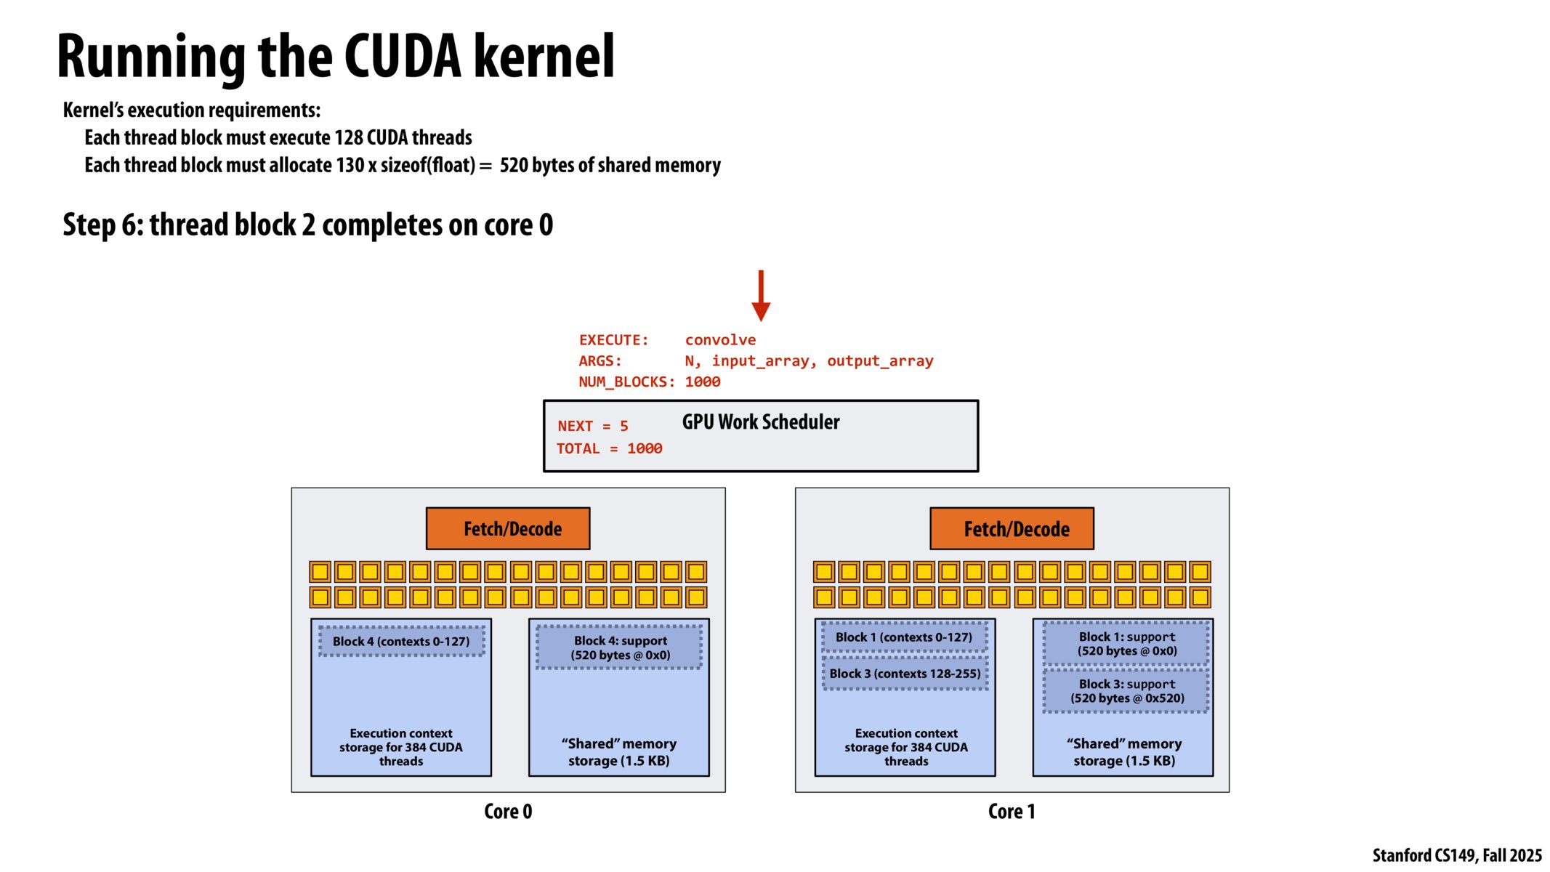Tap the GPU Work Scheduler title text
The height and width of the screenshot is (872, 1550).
tap(760, 422)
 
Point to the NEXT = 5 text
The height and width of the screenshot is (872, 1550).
tap(592, 427)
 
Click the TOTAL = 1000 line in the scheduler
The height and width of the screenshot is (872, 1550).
tap(609, 449)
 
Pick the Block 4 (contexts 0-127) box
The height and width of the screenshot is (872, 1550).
tap(401, 642)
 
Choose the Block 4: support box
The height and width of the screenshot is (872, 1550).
tap(620, 647)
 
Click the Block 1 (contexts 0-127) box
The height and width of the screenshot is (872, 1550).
tap(903, 637)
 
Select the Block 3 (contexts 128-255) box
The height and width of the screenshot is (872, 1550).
tap(905, 674)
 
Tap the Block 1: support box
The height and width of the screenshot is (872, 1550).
tap(1126, 644)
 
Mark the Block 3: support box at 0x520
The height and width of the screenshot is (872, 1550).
tap(1126, 691)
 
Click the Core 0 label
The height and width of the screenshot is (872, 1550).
tap(508, 811)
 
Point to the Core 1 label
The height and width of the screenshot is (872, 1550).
tap(1012, 811)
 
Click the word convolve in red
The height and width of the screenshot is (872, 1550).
tap(720, 340)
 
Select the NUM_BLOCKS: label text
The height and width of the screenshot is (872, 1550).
tap(626, 382)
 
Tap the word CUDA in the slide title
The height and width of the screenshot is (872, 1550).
tap(402, 57)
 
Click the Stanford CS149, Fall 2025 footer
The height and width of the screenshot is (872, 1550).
tap(1456, 855)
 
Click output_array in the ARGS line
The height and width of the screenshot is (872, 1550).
tap(879, 361)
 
